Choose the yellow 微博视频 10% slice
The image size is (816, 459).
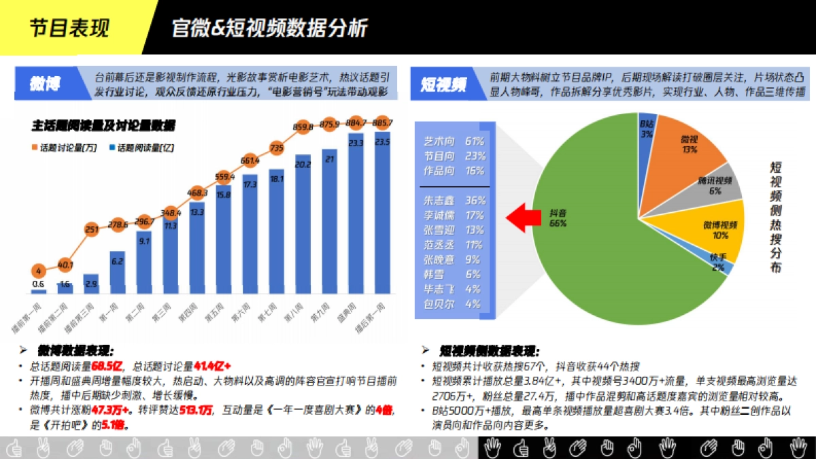coord(714,228)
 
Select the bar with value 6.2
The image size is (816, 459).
coord(118,272)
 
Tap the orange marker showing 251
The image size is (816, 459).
coord(92,229)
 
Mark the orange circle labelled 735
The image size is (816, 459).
coord(276,147)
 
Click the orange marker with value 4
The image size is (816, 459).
coord(39,270)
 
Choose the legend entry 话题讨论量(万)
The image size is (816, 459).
coord(65,148)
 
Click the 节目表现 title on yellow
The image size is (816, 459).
coord(69,28)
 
